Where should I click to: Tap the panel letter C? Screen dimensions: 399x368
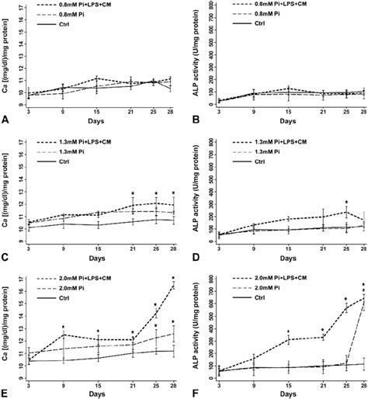(x=5, y=257)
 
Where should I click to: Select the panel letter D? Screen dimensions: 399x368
(x=192, y=257)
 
